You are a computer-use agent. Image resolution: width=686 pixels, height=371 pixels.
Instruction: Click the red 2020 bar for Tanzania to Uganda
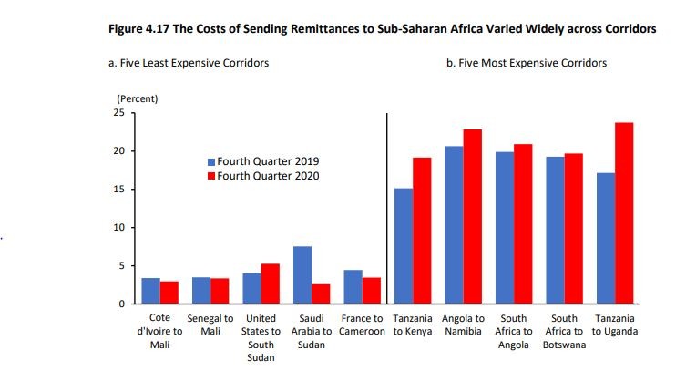pyautogui.click(x=623, y=213)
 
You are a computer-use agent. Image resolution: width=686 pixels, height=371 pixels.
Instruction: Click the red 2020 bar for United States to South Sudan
pyautogui.click(x=270, y=283)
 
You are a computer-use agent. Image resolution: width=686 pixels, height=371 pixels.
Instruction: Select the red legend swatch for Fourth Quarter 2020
pyautogui.click(x=210, y=176)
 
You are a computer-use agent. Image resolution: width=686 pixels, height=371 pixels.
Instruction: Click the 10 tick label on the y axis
pyautogui.click(x=118, y=228)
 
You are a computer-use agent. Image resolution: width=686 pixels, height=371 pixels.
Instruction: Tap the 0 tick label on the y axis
pyautogui.click(x=121, y=304)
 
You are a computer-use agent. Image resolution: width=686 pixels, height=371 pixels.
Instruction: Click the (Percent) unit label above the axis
pyautogui.click(x=138, y=97)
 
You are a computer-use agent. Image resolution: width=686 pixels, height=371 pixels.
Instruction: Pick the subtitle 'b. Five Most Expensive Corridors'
pyautogui.click(x=526, y=63)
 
